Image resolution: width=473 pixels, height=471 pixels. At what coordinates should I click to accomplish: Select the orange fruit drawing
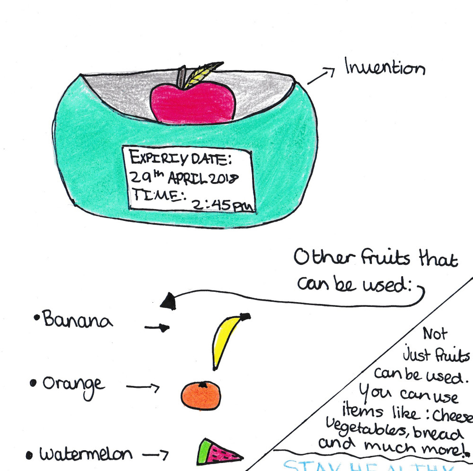point(201,395)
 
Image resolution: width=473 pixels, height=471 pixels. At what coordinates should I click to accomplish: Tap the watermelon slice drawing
point(217,452)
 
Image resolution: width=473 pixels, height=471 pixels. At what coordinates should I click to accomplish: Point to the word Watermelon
point(86,454)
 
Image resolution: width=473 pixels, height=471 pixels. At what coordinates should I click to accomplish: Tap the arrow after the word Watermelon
point(156,455)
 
